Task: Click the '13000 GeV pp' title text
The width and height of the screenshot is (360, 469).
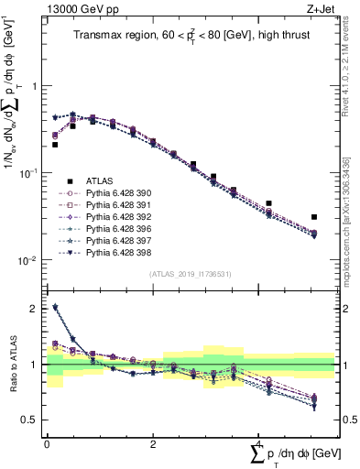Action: pos(77,8)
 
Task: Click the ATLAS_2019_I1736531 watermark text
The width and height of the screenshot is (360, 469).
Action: pos(190,274)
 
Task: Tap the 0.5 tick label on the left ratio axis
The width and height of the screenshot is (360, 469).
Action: pos(31,420)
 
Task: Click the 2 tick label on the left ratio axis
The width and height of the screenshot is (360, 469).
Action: pos(35,309)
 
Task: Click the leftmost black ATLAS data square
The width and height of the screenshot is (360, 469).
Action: pos(55,145)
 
